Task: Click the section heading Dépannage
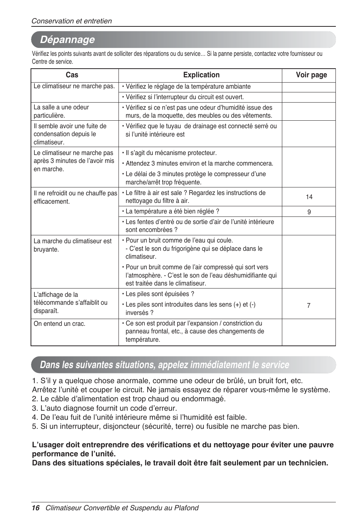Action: [x=68, y=40]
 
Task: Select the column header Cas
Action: [x=72, y=75]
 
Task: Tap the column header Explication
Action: [x=201, y=75]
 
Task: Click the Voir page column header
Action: [x=311, y=75]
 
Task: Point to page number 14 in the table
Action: [x=309, y=197]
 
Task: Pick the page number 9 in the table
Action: [x=309, y=212]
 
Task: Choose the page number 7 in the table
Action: [x=309, y=305]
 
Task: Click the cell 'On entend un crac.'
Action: [x=60, y=324]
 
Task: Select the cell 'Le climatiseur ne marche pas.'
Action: [x=74, y=86]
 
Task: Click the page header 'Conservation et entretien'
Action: [x=72, y=21]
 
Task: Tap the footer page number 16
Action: [x=35, y=508]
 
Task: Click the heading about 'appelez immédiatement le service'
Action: [x=165, y=365]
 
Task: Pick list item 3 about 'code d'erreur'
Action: [x=105, y=408]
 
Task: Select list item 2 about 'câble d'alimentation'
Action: [x=129, y=399]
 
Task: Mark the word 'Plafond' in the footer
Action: [x=186, y=508]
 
